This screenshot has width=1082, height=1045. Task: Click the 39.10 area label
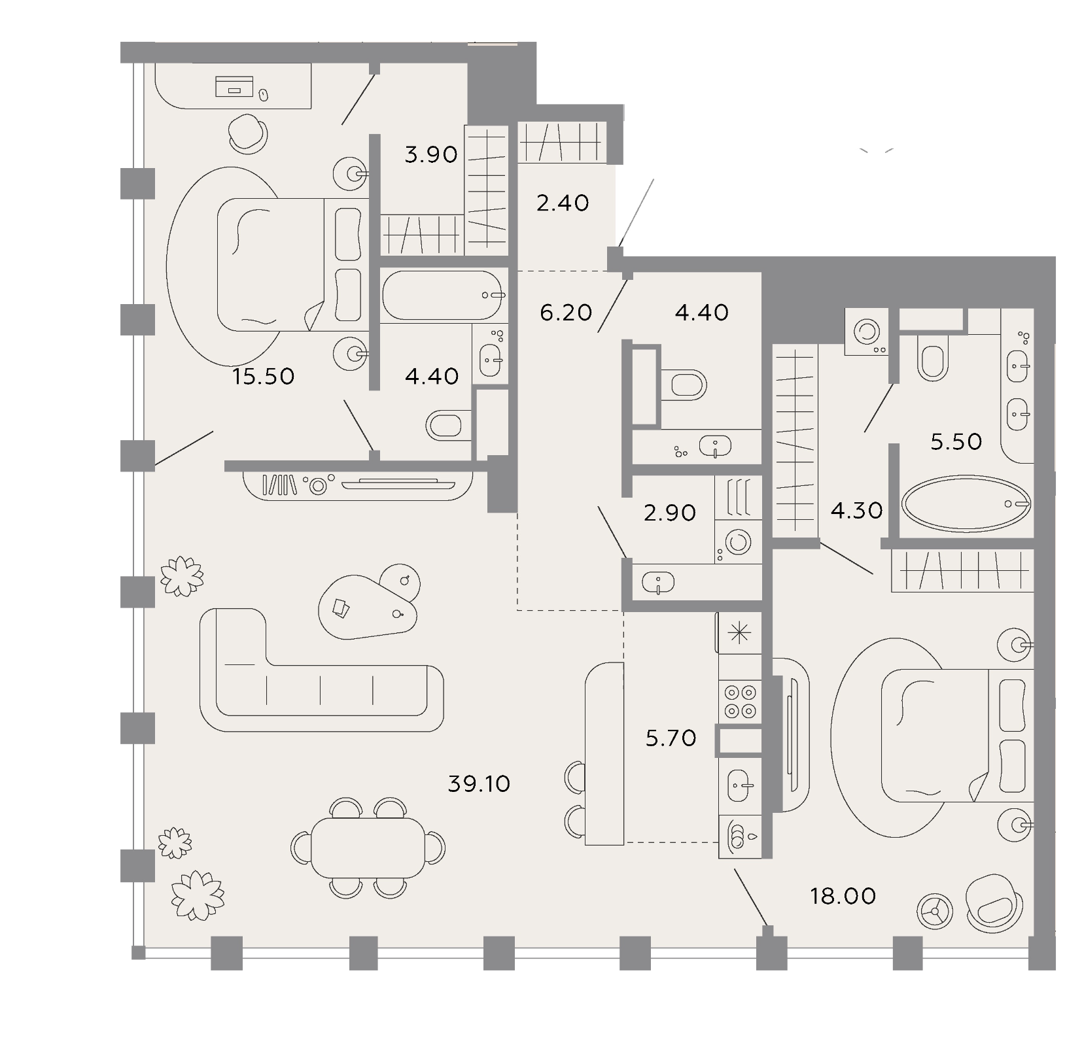[x=479, y=783]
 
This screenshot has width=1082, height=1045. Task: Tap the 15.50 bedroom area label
[x=264, y=376]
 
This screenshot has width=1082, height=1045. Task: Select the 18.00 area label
[x=843, y=895]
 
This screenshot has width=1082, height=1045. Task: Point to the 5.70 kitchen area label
[x=671, y=738]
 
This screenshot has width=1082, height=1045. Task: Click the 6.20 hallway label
[x=566, y=313]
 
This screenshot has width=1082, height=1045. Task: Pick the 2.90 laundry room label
[x=670, y=513]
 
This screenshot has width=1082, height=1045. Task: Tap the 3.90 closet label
[x=431, y=155]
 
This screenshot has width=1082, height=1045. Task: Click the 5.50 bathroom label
[x=956, y=441]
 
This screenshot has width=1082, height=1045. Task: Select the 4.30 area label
[x=857, y=510]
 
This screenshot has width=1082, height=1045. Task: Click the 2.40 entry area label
[x=563, y=203]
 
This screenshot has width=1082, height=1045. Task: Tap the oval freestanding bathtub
[x=966, y=502]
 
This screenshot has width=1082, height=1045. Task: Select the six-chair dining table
[x=368, y=848]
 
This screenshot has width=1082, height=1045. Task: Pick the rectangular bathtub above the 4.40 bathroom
[x=444, y=296]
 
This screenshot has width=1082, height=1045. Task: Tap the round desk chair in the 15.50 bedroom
[x=249, y=133]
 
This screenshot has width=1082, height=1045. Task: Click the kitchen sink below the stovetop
[x=741, y=784]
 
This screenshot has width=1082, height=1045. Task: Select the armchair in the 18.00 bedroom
[x=993, y=903]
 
